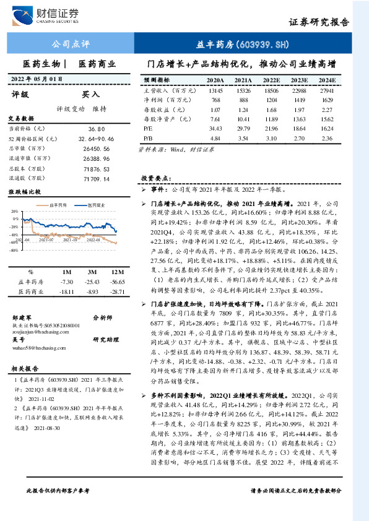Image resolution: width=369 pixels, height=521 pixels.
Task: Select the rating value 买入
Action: (x=90, y=95)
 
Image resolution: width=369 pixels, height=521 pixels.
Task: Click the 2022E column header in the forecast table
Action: (x=271, y=80)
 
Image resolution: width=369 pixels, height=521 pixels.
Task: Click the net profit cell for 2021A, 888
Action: (x=243, y=100)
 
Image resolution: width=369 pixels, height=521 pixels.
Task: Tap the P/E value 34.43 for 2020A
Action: (x=215, y=128)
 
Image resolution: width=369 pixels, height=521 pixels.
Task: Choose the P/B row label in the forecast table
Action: (x=147, y=138)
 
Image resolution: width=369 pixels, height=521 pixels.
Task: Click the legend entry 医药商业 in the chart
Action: (x=95, y=204)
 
